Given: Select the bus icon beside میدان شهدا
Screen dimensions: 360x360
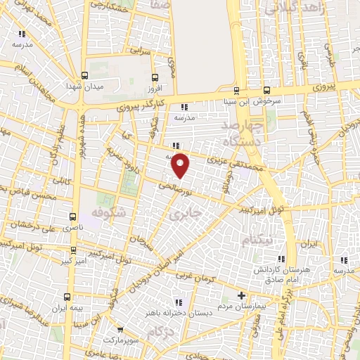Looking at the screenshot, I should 85,76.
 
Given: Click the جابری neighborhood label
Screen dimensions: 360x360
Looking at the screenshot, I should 187,210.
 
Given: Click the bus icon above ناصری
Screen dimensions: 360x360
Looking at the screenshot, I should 73,217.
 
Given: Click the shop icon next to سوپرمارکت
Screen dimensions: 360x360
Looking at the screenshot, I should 120,329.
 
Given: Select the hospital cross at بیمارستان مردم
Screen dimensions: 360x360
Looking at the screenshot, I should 242,295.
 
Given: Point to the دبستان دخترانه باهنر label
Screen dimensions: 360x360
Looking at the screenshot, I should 184,312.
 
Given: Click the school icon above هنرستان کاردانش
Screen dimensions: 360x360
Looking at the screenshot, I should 282,259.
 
